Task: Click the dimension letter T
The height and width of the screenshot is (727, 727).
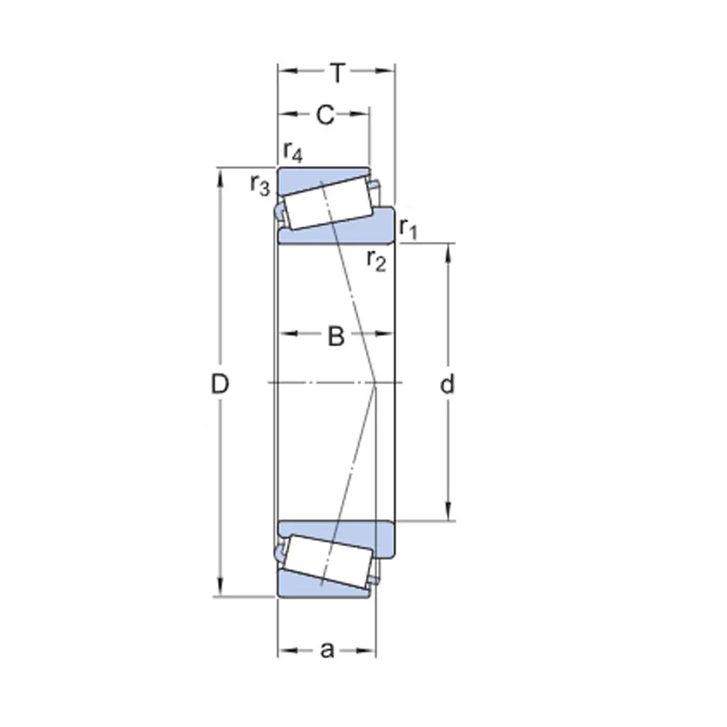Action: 337,73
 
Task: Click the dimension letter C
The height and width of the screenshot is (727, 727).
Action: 325,115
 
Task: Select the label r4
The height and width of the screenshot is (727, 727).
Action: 293,152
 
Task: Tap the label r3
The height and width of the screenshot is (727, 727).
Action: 259,184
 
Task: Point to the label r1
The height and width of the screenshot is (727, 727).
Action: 409,228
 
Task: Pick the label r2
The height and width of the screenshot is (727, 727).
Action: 376,259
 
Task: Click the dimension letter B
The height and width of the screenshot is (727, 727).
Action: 336,336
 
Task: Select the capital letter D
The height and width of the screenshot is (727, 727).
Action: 220,384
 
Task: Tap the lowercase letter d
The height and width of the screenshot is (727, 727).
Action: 447,384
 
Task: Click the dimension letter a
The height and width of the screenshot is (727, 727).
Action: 327,650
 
